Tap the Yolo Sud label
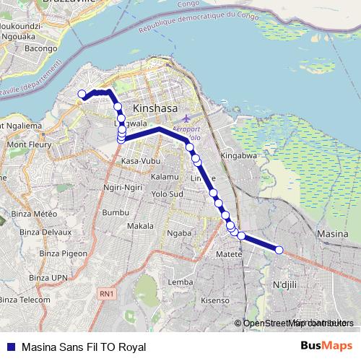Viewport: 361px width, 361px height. (x=168, y=194)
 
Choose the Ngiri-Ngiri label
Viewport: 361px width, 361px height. (x=123, y=187)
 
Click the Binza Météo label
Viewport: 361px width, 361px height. (x=38, y=214)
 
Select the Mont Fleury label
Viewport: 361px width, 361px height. (x=27, y=144)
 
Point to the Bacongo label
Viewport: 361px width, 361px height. (x=40, y=48)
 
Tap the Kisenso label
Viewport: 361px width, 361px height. (x=214, y=300)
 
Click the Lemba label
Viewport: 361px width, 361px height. (x=180, y=282)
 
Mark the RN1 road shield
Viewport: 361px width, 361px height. (x=107, y=294)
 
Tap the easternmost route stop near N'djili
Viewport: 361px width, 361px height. (x=279, y=250)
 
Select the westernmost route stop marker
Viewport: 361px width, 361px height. (x=82, y=94)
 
